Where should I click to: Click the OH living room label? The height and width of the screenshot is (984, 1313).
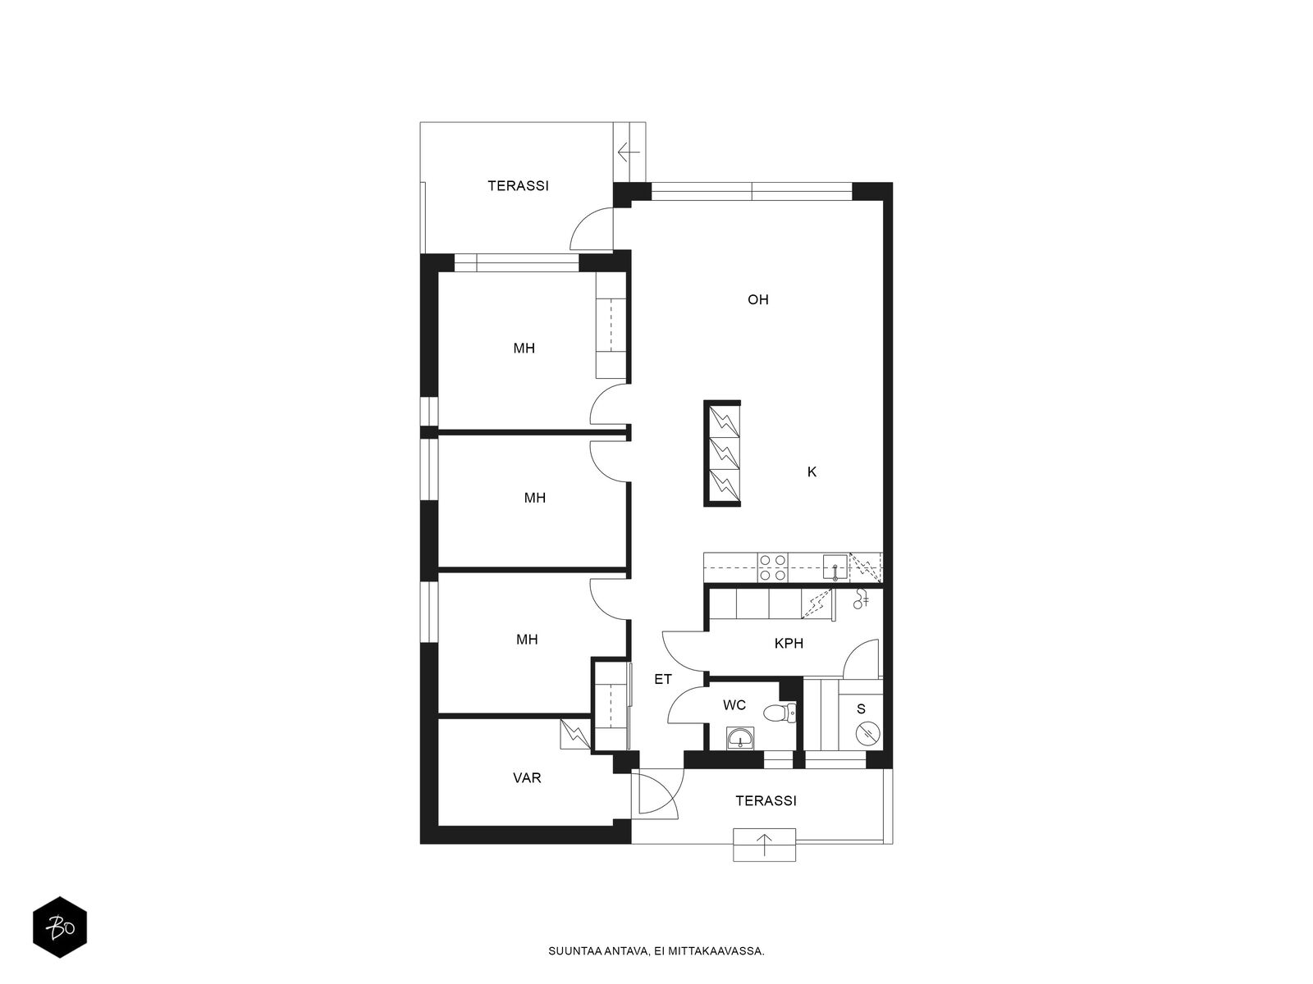point(758,300)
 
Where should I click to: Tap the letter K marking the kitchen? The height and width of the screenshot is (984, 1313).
point(812,472)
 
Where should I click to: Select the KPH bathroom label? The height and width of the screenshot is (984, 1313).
point(789,644)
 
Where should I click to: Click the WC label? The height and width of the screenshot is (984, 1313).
point(734,705)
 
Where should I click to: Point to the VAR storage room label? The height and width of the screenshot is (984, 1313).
point(527,778)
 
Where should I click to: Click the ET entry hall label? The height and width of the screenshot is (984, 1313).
point(663,679)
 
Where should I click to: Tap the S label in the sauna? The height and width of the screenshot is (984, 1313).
point(861,709)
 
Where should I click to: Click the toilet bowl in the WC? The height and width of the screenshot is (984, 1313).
point(780,713)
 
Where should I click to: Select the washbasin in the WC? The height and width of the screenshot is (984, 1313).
point(741,739)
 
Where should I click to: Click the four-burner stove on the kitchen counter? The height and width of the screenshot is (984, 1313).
point(772,567)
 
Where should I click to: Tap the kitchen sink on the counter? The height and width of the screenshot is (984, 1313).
point(835,567)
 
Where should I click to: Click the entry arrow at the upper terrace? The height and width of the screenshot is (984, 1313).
point(629,153)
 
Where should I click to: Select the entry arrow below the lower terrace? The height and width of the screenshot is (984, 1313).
point(765,845)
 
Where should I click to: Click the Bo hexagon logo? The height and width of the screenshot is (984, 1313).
point(60,927)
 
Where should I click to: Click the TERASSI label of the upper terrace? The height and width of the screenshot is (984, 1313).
point(518,186)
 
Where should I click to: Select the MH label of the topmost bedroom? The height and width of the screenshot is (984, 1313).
point(524,348)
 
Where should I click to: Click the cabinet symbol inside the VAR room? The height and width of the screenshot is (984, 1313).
point(575,734)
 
